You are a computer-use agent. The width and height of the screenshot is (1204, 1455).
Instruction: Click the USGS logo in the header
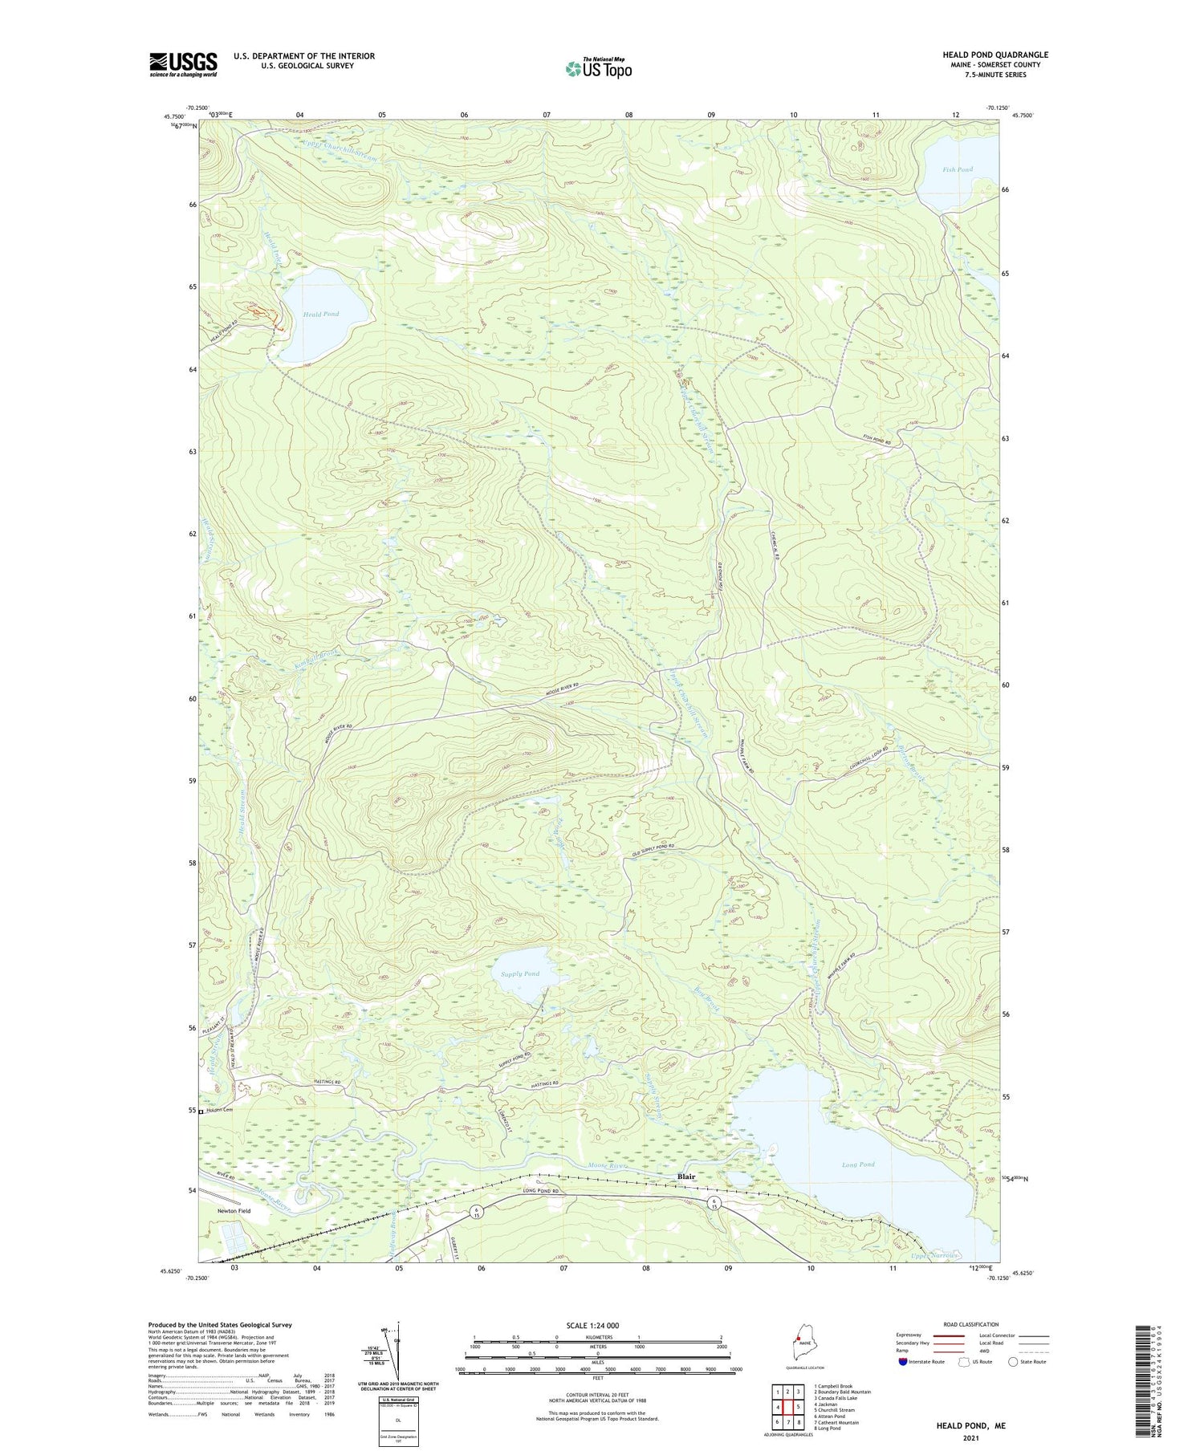[183, 64]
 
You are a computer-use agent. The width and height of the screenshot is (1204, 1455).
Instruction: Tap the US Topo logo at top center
[597, 68]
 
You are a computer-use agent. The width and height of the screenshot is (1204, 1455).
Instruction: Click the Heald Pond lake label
[320, 314]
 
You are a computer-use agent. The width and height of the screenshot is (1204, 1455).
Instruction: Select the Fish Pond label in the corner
[958, 169]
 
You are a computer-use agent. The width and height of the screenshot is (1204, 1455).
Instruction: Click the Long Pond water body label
[858, 1164]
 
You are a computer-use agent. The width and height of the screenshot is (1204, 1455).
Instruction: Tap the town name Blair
[686, 1177]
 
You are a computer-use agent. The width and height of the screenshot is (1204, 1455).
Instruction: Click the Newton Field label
[233, 1211]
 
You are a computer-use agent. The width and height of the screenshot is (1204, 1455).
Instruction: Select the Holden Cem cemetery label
[218, 1111]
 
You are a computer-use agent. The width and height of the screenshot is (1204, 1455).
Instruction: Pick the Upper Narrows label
[934, 1256]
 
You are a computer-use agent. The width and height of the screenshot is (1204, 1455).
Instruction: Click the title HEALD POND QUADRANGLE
[995, 55]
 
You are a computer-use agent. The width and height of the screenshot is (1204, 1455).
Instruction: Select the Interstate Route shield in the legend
[902, 1362]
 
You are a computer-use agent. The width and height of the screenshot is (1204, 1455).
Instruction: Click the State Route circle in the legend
[1013, 1362]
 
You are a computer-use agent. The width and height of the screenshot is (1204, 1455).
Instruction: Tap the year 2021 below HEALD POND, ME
[970, 1437]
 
